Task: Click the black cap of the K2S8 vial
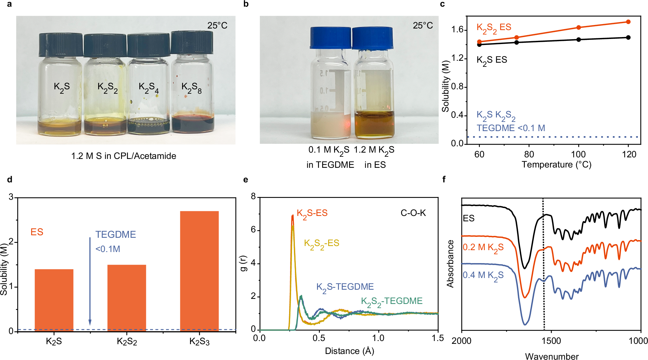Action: pyautogui.click(x=192, y=42)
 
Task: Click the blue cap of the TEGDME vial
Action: pyautogui.click(x=331, y=38)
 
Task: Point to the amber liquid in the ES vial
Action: pyautogui.click(x=374, y=125)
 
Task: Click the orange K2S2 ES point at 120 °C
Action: pyautogui.click(x=628, y=22)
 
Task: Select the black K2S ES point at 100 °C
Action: pyautogui.click(x=579, y=40)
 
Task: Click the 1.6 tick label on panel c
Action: pyautogui.click(x=457, y=30)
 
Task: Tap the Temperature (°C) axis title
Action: pyautogui.click(x=556, y=165)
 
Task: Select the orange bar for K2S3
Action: pyautogui.click(x=199, y=271)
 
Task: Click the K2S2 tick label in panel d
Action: pyautogui.click(x=127, y=341)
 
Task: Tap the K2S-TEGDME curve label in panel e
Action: pyautogui.click(x=345, y=287)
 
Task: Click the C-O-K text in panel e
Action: pyautogui.click(x=413, y=213)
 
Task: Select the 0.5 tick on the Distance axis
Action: pyautogui.click(x=319, y=338)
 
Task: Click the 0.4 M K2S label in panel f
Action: pyautogui.click(x=483, y=275)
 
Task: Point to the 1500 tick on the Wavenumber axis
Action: pyautogui.click(x=551, y=341)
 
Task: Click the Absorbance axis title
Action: pyautogui.click(x=450, y=264)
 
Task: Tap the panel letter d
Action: pyautogui.click(x=10, y=180)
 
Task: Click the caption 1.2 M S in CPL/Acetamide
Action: pyautogui.click(x=124, y=156)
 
